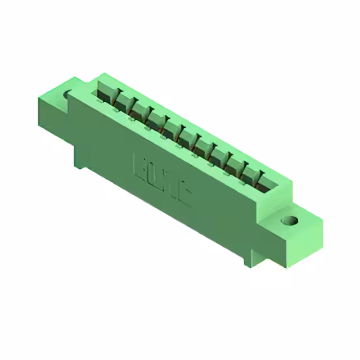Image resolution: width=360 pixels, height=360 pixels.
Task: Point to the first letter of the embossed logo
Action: coord(139,164)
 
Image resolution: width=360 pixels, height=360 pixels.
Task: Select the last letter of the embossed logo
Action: coord(184,194)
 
